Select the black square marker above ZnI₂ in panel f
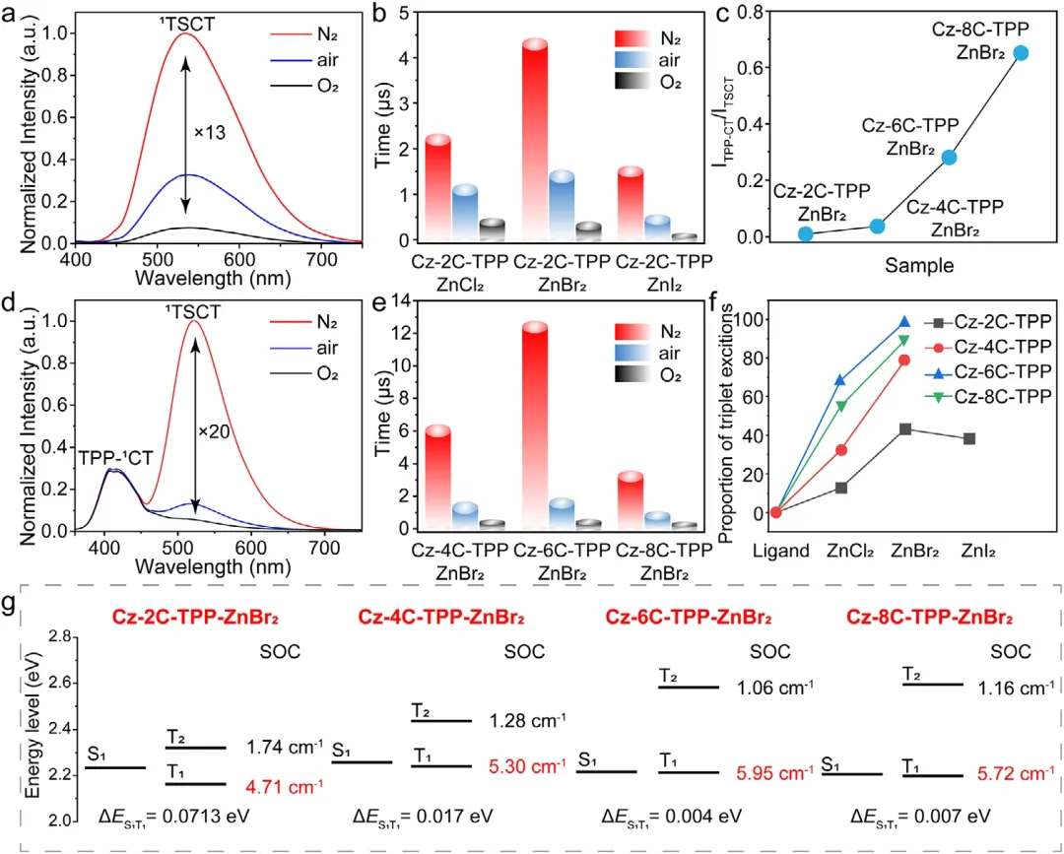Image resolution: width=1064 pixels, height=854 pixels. pyautogui.click(x=969, y=438)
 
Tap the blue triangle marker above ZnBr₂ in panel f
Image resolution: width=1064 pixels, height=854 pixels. pyautogui.click(x=904, y=322)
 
